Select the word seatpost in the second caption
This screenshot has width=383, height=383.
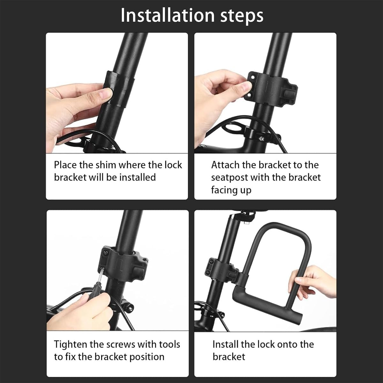[229, 177]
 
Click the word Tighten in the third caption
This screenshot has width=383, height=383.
[70, 344]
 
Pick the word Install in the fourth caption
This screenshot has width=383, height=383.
[225, 344]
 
